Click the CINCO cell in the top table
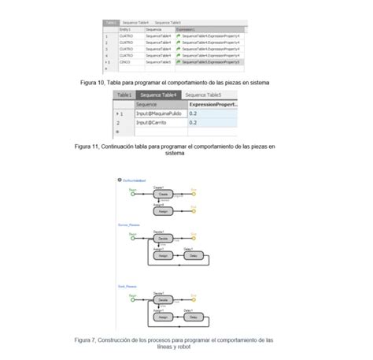point(125,61)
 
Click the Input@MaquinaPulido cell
point(160,114)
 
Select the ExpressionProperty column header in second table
point(212,104)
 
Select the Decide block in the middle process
point(162,237)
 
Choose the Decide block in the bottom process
point(162,300)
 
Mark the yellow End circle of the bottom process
point(194,300)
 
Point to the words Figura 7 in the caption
point(87,340)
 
